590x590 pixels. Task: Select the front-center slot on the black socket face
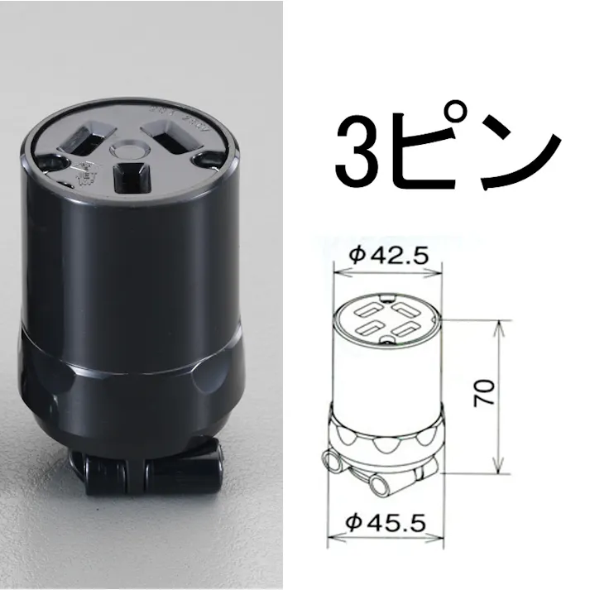128,175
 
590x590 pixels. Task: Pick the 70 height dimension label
486,391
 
